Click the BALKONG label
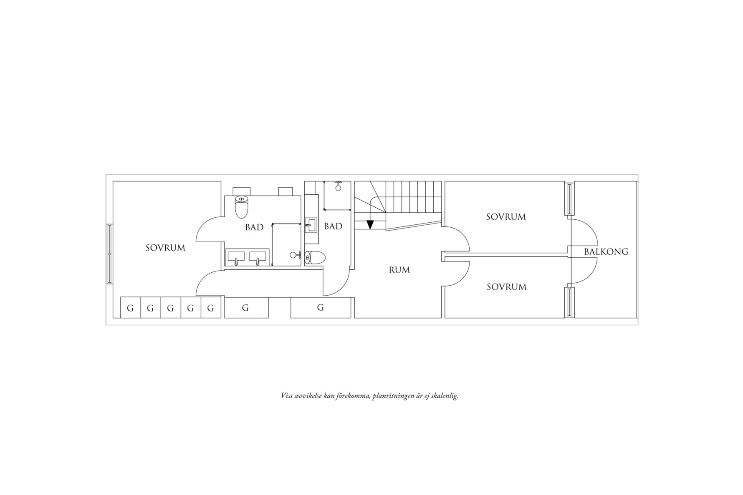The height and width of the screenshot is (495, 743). pyautogui.click(x=606, y=251)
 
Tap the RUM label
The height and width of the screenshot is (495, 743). pyautogui.click(x=399, y=270)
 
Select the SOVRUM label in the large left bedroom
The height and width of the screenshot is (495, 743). pyautogui.click(x=165, y=248)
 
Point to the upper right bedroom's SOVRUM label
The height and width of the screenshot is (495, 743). pyautogui.click(x=506, y=217)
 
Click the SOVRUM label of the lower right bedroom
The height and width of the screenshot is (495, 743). pyautogui.click(x=506, y=287)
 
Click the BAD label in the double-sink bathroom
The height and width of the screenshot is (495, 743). pyautogui.click(x=254, y=227)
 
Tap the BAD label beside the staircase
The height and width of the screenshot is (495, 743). pyautogui.click(x=333, y=226)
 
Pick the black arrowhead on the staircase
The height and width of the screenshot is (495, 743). pyautogui.click(x=370, y=224)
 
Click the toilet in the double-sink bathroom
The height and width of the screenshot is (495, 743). pyautogui.click(x=242, y=206)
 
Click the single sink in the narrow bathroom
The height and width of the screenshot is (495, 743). pyautogui.click(x=311, y=225)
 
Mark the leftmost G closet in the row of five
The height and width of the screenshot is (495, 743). pyautogui.click(x=130, y=308)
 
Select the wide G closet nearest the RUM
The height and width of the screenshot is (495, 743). pyautogui.click(x=321, y=308)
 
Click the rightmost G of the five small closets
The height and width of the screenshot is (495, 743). pyautogui.click(x=211, y=308)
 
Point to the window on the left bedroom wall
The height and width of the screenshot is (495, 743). pyautogui.click(x=109, y=254)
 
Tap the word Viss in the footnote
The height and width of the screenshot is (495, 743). pyautogui.click(x=286, y=395)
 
